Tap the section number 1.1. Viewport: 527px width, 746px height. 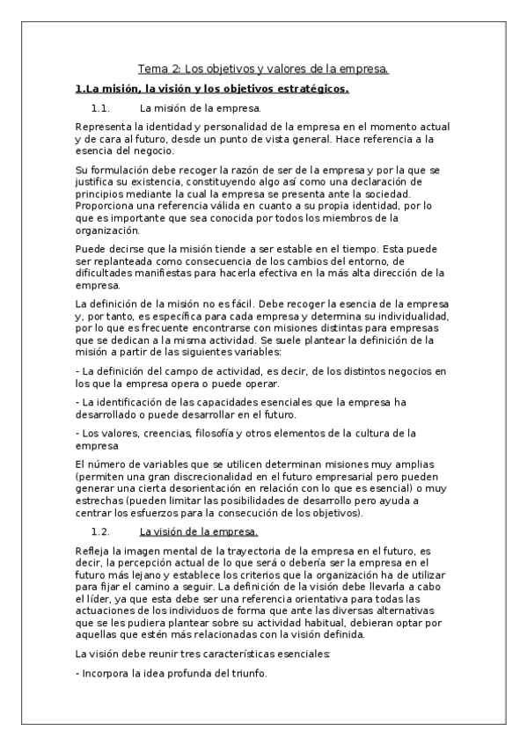99,109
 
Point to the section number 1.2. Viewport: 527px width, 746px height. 99,532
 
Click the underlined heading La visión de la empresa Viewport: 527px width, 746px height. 198,532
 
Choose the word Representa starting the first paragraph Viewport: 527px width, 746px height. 104,128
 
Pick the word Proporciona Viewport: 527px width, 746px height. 107,206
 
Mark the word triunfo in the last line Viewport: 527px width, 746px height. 246,675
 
